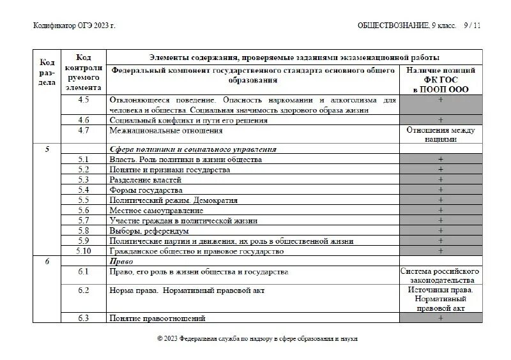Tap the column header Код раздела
tap(47, 73)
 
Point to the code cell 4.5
tap(83, 100)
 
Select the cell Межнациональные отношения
tap(166, 130)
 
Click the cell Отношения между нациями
tap(441, 135)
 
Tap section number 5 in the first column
tap(47, 149)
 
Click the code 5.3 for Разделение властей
tap(83, 180)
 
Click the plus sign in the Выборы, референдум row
tap(441, 231)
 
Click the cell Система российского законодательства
tap(441, 276)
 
